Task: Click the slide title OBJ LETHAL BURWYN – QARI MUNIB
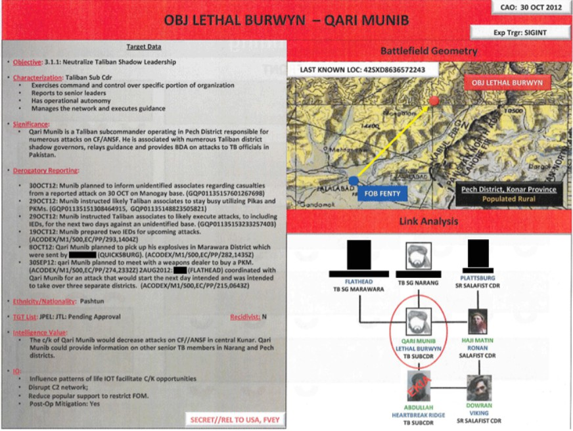286,20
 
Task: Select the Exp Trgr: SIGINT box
518,31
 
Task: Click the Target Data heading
143,47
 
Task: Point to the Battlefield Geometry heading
429,51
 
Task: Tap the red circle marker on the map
434,101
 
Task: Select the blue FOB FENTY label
384,194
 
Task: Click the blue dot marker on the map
354,180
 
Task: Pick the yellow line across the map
394,140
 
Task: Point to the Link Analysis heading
429,222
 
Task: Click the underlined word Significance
32,124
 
